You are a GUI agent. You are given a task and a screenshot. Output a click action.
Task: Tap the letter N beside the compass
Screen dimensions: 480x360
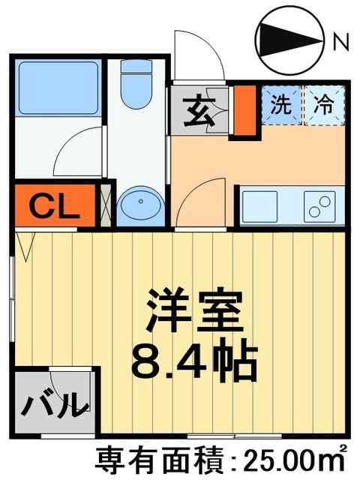click(340, 43)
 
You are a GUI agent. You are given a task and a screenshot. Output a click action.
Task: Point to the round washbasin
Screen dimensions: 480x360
click(136, 204)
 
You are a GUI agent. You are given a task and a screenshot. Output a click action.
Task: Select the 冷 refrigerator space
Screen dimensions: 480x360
click(324, 105)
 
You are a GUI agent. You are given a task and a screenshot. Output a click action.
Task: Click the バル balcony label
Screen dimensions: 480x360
click(52, 406)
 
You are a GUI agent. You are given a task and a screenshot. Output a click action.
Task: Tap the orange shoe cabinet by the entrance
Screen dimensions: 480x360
click(242, 111)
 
